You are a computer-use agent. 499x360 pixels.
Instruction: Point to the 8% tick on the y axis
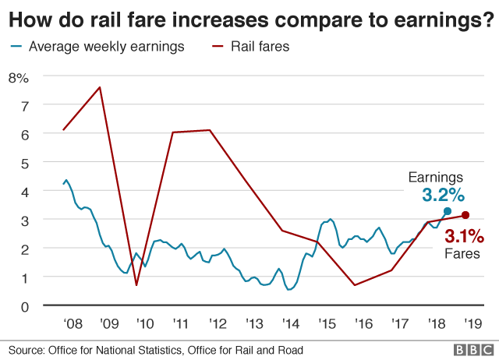click(x=18, y=77)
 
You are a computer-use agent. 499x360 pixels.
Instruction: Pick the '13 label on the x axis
click(x=253, y=323)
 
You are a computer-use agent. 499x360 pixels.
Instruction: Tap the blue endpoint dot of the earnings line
click(x=448, y=211)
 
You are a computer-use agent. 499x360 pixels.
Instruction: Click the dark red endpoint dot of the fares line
click(x=465, y=215)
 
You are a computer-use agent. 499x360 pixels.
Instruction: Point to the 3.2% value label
click(x=443, y=194)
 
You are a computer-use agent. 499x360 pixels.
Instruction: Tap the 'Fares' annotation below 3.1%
click(x=463, y=253)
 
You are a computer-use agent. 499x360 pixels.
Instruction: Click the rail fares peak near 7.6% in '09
click(x=100, y=87)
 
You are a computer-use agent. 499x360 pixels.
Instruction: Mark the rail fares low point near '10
click(x=136, y=285)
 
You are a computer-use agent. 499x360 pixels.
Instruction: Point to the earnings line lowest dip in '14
click(x=289, y=290)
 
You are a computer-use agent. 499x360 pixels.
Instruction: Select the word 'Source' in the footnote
click(x=27, y=350)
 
